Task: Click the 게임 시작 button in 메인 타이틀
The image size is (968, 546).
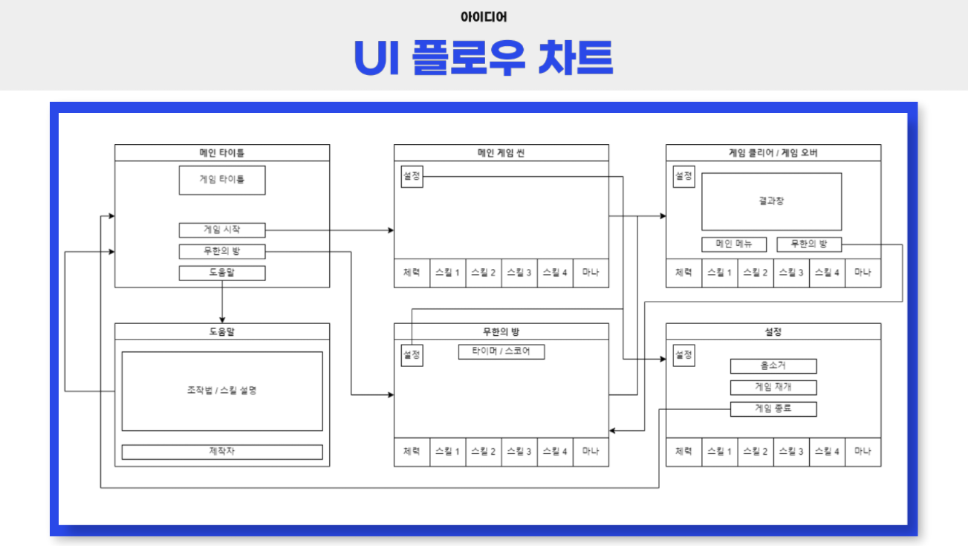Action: pyautogui.click(x=222, y=230)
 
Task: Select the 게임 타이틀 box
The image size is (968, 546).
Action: pyautogui.click(x=222, y=180)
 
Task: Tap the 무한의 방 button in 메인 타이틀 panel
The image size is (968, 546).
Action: pyautogui.click(x=222, y=252)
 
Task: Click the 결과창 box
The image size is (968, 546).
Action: pyautogui.click(x=772, y=201)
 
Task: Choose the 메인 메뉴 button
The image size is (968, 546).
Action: pyautogui.click(x=734, y=244)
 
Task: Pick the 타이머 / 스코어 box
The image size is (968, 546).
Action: pyautogui.click(x=501, y=352)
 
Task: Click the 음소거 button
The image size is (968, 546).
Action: pyautogui.click(x=773, y=366)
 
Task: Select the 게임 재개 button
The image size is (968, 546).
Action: pyautogui.click(x=773, y=388)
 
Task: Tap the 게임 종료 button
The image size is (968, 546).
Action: pyautogui.click(x=773, y=409)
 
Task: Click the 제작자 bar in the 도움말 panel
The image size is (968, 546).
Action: pyautogui.click(x=222, y=452)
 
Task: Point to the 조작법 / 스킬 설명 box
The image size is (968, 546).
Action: pyautogui.click(x=222, y=391)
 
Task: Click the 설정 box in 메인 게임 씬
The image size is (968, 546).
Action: pyautogui.click(x=412, y=177)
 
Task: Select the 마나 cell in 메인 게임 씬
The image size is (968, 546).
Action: pyautogui.click(x=591, y=273)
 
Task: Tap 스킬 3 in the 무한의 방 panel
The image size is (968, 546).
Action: pyautogui.click(x=519, y=452)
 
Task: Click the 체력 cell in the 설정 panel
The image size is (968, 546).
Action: pyautogui.click(x=683, y=452)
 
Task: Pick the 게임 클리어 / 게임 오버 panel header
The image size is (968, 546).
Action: pyautogui.click(x=773, y=153)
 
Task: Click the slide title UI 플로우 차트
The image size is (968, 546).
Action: pyautogui.click(x=484, y=57)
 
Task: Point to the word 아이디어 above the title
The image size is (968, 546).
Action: pyautogui.click(x=484, y=16)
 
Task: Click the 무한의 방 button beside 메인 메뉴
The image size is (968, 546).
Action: pyautogui.click(x=809, y=244)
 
